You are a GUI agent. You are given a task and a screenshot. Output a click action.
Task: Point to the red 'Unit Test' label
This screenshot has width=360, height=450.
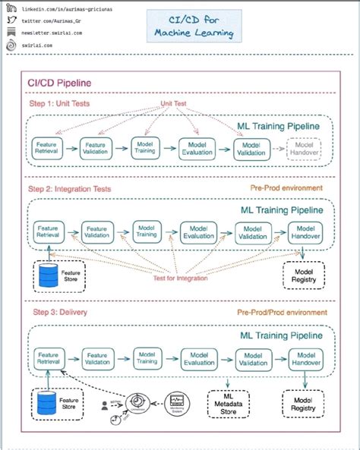click(x=174, y=103)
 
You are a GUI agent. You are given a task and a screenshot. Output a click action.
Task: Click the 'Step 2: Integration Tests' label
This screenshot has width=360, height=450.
click(x=70, y=187)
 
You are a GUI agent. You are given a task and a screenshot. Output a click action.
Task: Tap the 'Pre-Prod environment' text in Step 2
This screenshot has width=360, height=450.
click(x=286, y=187)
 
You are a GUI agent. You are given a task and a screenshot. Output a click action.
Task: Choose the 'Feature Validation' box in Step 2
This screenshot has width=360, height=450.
click(x=97, y=231)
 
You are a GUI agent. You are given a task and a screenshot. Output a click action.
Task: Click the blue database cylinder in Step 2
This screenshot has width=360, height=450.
click(x=49, y=275)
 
